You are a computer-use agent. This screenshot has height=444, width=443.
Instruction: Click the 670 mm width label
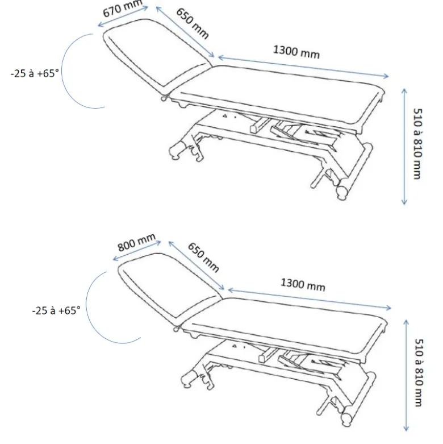(122, 8)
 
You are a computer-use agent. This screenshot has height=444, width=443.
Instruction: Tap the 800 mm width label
(136, 242)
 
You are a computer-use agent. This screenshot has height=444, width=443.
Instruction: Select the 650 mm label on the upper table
(193, 23)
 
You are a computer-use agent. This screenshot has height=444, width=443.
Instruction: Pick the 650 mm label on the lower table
(203, 257)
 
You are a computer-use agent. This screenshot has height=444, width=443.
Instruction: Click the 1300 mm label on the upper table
(296, 52)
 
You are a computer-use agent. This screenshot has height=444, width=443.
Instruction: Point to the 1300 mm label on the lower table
(303, 285)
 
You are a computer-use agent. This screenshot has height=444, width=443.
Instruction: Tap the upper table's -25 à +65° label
(35, 74)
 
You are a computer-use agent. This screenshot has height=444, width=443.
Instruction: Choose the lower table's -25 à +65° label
(56, 310)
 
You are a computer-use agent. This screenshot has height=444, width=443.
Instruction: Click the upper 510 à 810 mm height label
(417, 144)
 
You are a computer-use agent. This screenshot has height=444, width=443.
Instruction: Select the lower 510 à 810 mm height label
(419, 372)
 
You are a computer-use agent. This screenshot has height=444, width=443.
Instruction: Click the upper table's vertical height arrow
(404, 147)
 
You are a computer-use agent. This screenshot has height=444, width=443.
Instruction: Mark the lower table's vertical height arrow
(406, 375)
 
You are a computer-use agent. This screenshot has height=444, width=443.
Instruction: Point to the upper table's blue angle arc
(62, 71)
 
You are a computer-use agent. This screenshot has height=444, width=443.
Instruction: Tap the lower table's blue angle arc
(86, 307)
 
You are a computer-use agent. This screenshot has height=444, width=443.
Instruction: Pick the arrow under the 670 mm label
(123, 16)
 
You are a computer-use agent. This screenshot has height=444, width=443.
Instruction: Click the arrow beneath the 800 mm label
(137, 250)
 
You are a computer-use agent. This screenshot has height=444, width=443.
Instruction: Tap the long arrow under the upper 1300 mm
(303, 67)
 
